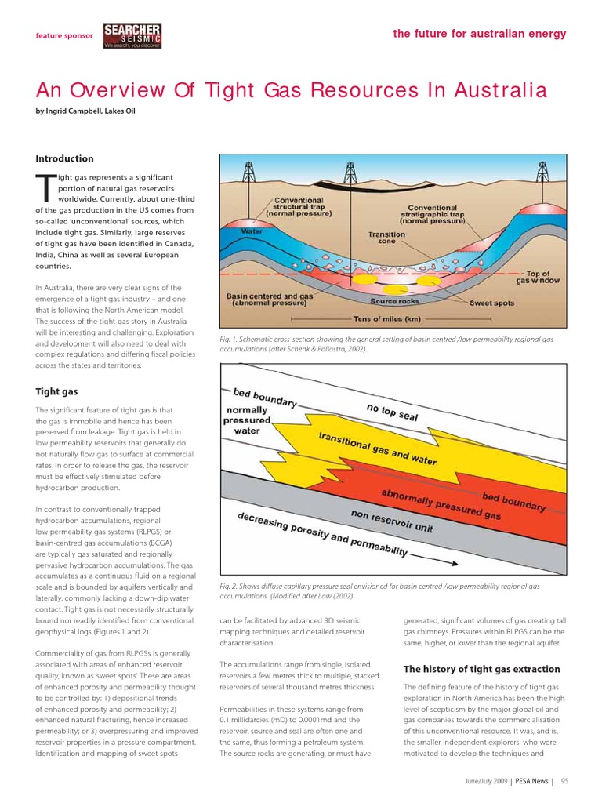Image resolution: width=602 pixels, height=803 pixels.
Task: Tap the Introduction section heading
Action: click(x=64, y=158)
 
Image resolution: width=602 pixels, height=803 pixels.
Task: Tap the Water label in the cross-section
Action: click(x=252, y=231)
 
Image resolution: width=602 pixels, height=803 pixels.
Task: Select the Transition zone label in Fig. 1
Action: click(x=387, y=238)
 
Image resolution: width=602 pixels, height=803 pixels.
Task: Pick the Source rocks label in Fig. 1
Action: click(x=395, y=301)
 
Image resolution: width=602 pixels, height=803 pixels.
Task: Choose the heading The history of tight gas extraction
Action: click(x=481, y=669)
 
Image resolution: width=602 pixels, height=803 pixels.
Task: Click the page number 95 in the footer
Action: click(x=564, y=780)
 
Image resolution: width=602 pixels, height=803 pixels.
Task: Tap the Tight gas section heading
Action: click(x=56, y=391)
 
